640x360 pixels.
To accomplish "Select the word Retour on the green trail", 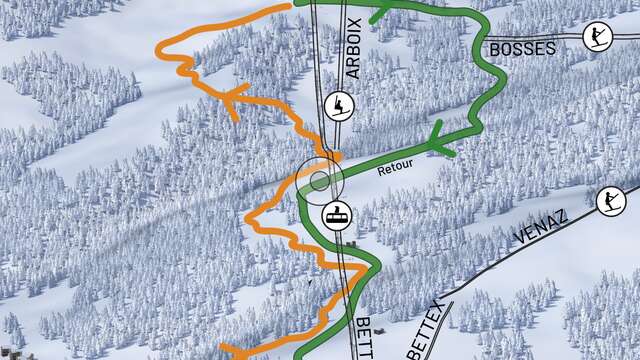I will (395, 170).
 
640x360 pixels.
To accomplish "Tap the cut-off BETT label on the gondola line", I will (367, 336).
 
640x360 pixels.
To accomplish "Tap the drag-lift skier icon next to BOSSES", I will (597, 37).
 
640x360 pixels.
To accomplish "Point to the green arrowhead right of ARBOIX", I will (380, 14).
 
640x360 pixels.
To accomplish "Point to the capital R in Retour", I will (381, 171).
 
